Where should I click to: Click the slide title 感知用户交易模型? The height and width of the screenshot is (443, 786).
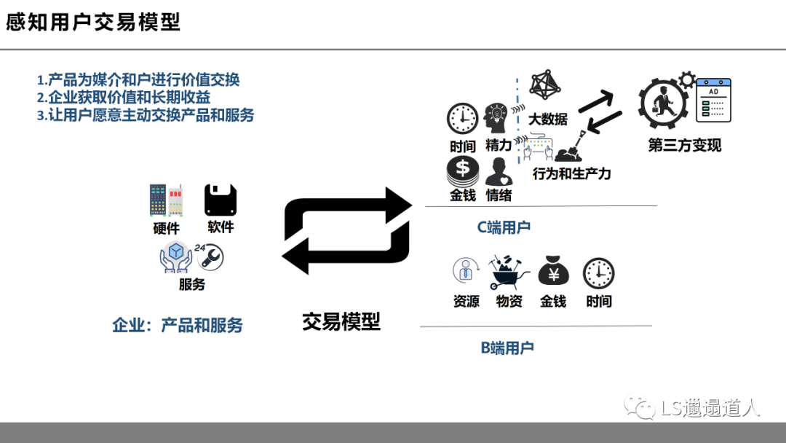pyautogui.click(x=93, y=22)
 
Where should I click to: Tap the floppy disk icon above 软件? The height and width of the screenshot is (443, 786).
pyautogui.click(x=221, y=200)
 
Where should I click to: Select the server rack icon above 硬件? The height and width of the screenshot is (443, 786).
pyautogui.click(x=166, y=201)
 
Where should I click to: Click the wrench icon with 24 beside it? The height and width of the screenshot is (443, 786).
pyautogui.click(x=210, y=256)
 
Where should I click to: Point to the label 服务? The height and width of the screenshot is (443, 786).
pyautogui.click(x=192, y=284)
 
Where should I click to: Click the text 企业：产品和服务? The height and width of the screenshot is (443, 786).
pyautogui.click(x=178, y=325)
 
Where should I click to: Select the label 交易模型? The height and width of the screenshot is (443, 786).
pyautogui.click(x=341, y=321)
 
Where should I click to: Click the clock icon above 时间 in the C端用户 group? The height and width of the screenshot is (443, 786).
pyautogui.click(x=462, y=119)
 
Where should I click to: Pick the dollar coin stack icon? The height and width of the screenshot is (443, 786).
pyautogui.click(x=462, y=172)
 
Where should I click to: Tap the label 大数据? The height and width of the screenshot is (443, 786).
pyautogui.click(x=547, y=119)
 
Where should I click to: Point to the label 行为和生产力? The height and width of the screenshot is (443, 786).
pyautogui.click(x=571, y=173)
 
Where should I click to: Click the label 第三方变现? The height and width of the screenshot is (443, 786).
pyautogui.click(x=684, y=145)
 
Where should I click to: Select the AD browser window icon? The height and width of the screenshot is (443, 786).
pyautogui.click(x=713, y=101)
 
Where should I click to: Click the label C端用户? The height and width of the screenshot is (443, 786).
pyautogui.click(x=504, y=227)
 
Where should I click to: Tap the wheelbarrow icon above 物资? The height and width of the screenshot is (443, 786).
pyautogui.click(x=509, y=273)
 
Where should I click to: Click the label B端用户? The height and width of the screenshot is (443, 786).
pyautogui.click(x=507, y=348)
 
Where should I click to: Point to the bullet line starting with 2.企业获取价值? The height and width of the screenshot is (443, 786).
pyautogui.click(x=129, y=97)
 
